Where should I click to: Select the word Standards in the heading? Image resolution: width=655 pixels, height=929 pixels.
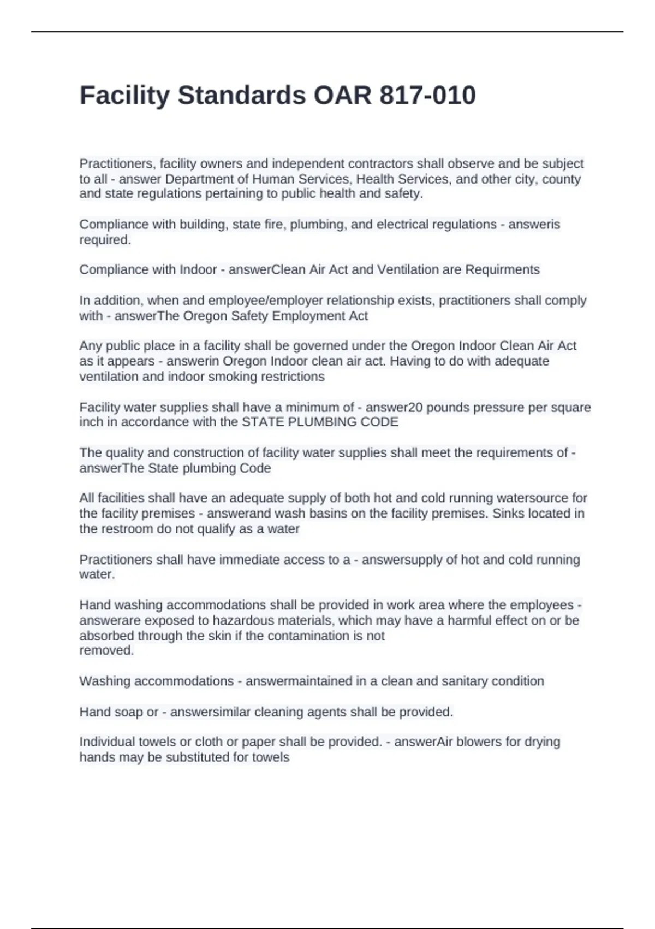(242, 96)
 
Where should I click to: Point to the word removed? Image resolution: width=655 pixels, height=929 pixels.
(106, 650)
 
